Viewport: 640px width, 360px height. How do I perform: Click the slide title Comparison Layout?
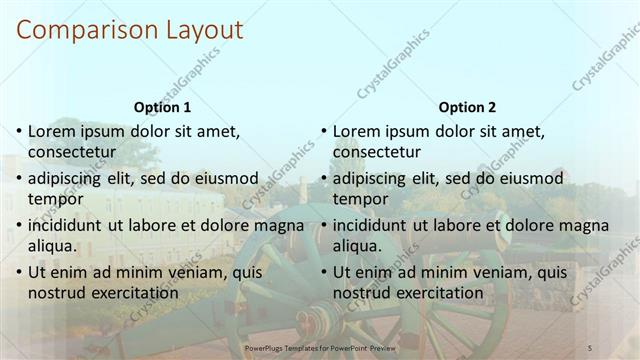130,30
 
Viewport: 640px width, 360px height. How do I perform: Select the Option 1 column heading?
162,107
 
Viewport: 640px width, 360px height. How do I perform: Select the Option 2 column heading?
467,107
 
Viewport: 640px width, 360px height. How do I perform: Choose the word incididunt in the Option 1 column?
68,225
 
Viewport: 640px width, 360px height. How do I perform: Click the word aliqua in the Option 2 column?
356,246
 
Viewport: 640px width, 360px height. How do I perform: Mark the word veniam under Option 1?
181,272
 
